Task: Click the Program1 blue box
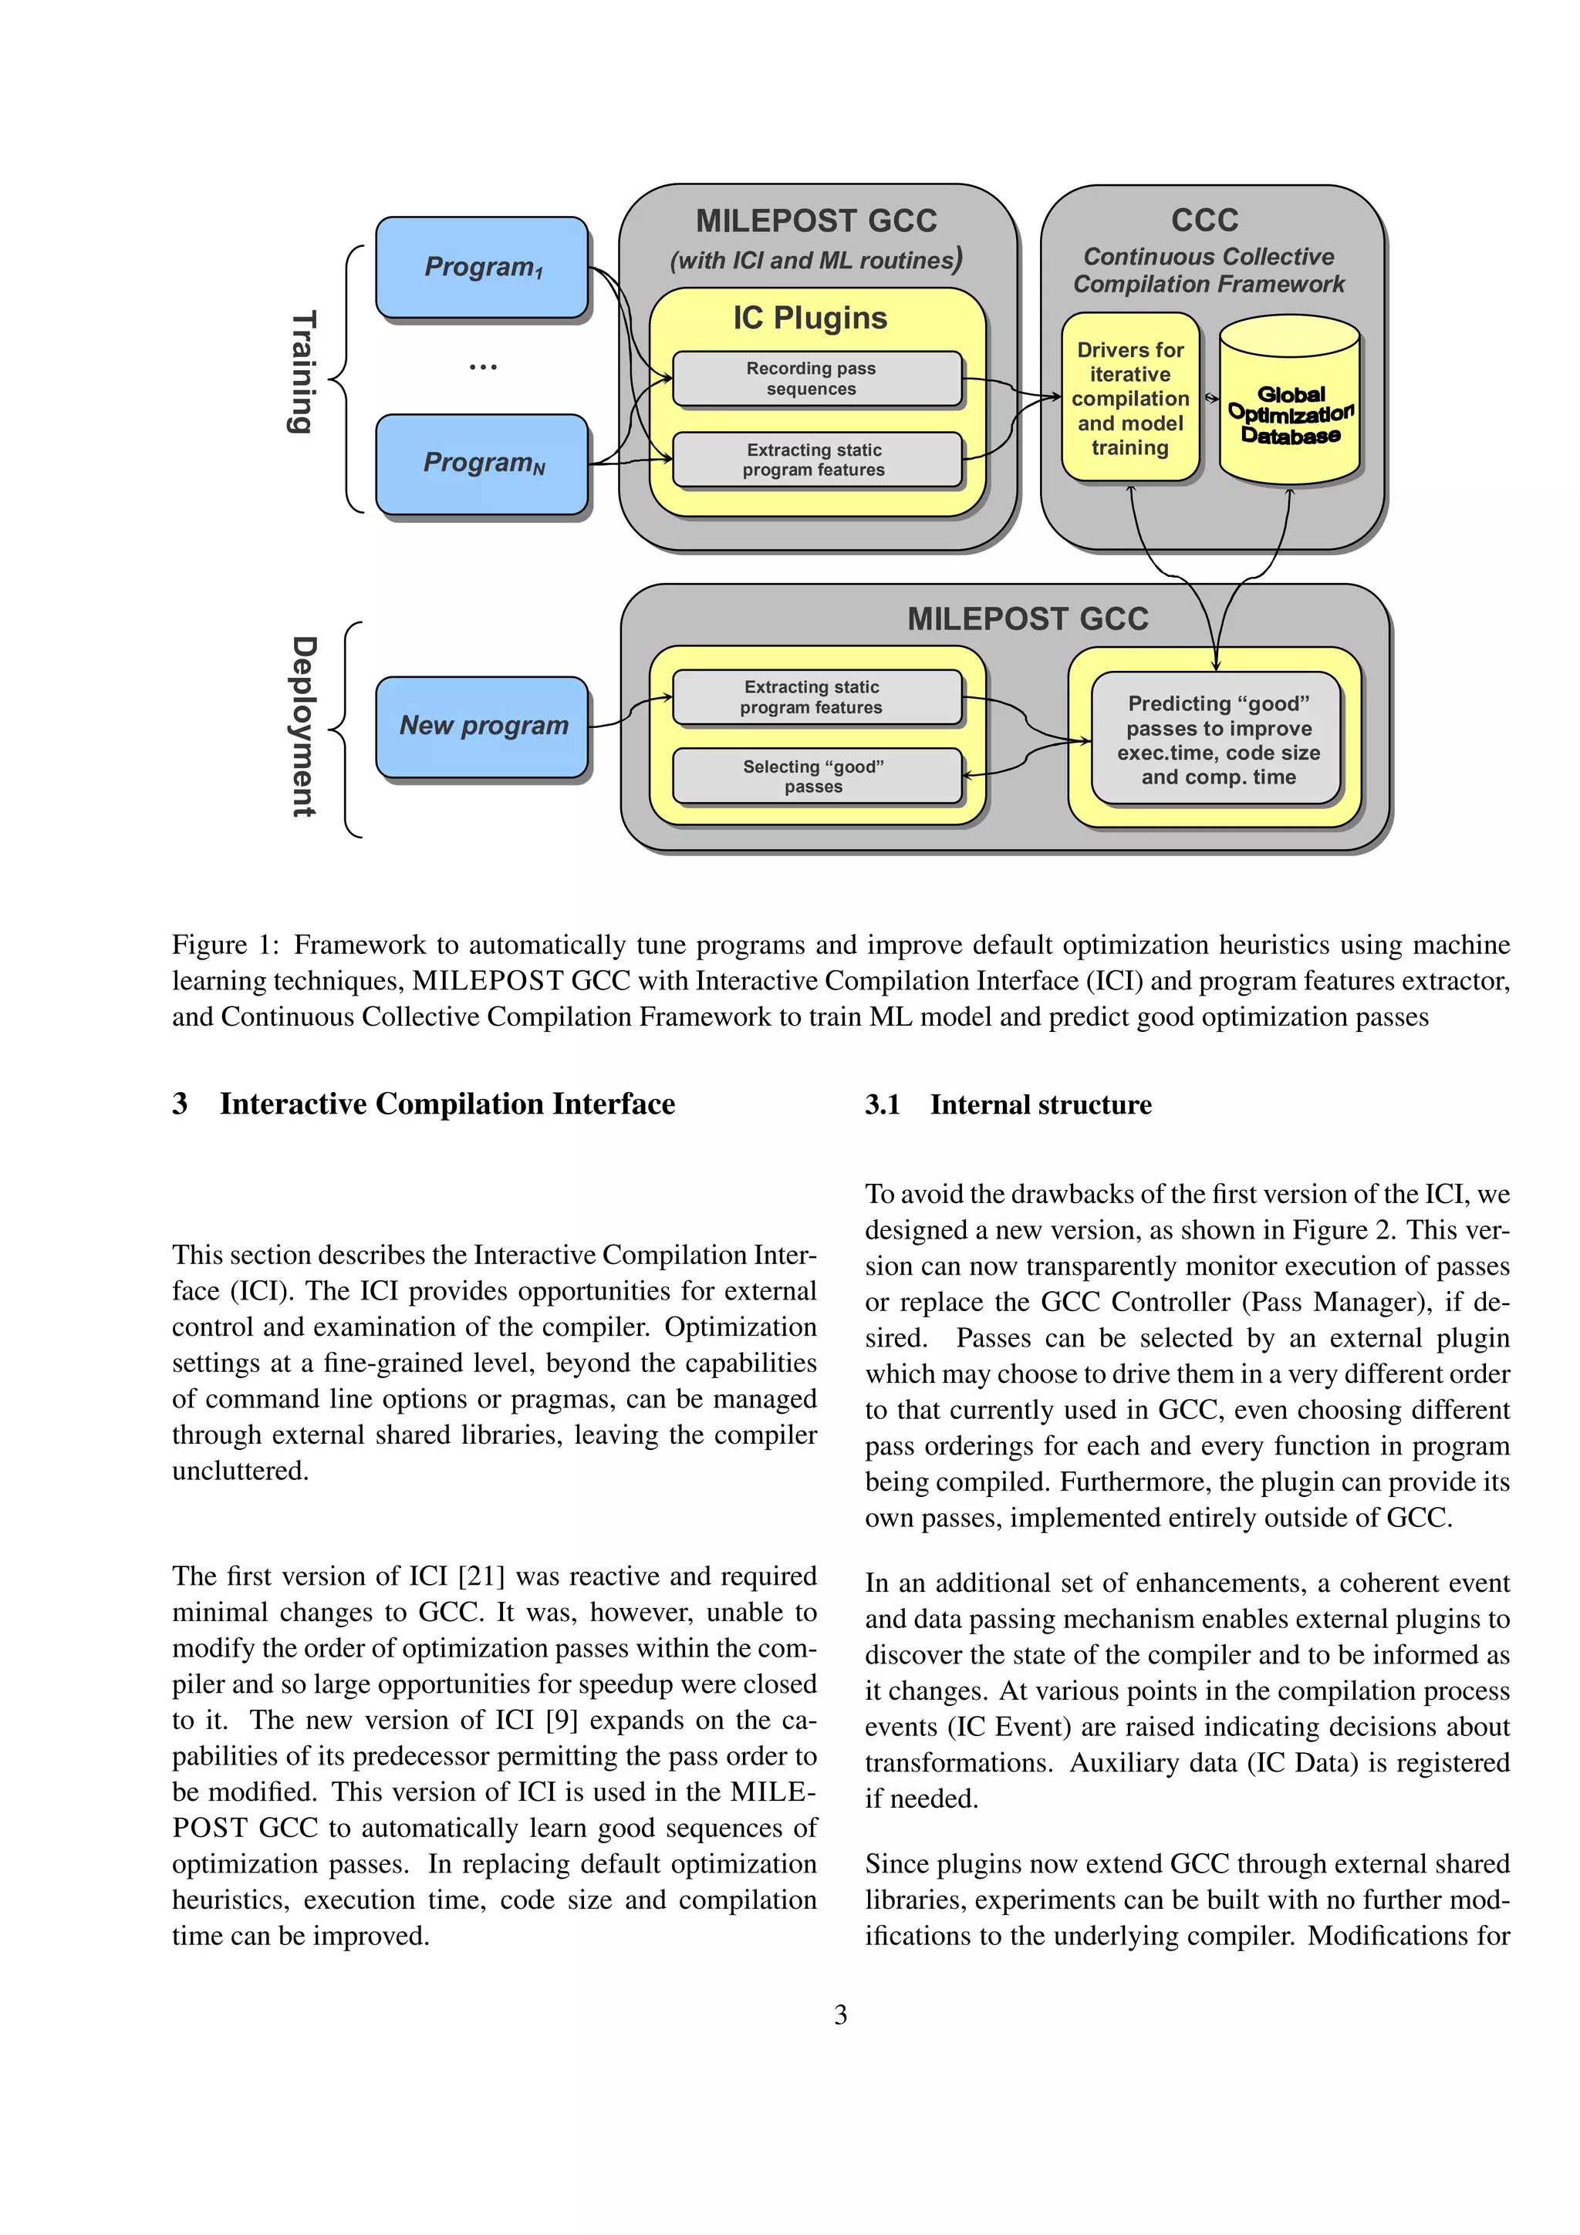point(482,267)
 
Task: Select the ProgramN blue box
point(482,464)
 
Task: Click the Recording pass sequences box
point(815,379)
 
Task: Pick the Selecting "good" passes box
point(815,776)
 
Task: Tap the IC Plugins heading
point(810,319)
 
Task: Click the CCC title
point(1204,220)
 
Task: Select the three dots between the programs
point(483,367)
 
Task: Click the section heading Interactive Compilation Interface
point(447,1104)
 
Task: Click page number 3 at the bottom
point(840,2015)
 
